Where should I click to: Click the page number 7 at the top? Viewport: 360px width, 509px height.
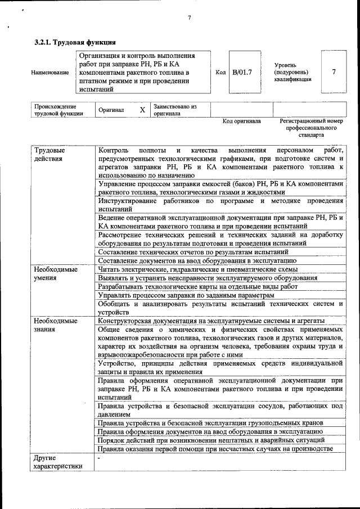coord(189,17)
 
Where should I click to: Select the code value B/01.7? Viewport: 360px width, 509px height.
coord(242,73)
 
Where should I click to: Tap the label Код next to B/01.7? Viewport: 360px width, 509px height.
coord(220,73)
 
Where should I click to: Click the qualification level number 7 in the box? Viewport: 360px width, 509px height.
coord(334,72)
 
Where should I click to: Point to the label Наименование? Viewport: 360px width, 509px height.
coord(50,73)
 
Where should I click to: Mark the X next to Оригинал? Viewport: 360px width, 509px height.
coord(142,110)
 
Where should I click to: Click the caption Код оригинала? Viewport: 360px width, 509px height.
coord(241,121)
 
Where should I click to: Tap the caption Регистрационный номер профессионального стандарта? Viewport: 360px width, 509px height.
coord(311,128)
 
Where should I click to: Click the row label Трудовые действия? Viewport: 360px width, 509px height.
coord(49,155)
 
